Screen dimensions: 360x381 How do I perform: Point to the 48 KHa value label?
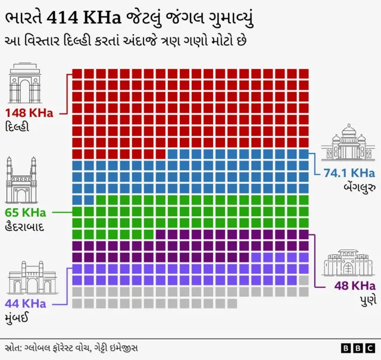tap(354, 285)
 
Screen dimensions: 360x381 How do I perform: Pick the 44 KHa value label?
tap(26, 303)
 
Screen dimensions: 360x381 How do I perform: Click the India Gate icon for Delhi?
tap(24, 83)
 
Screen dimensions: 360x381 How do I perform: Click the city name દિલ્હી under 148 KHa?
tap(17, 127)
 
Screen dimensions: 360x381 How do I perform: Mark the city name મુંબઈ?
tap(18, 318)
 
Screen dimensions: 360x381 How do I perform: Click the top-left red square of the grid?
tap(77, 73)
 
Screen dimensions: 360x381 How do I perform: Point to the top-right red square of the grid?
tap(304, 73)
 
